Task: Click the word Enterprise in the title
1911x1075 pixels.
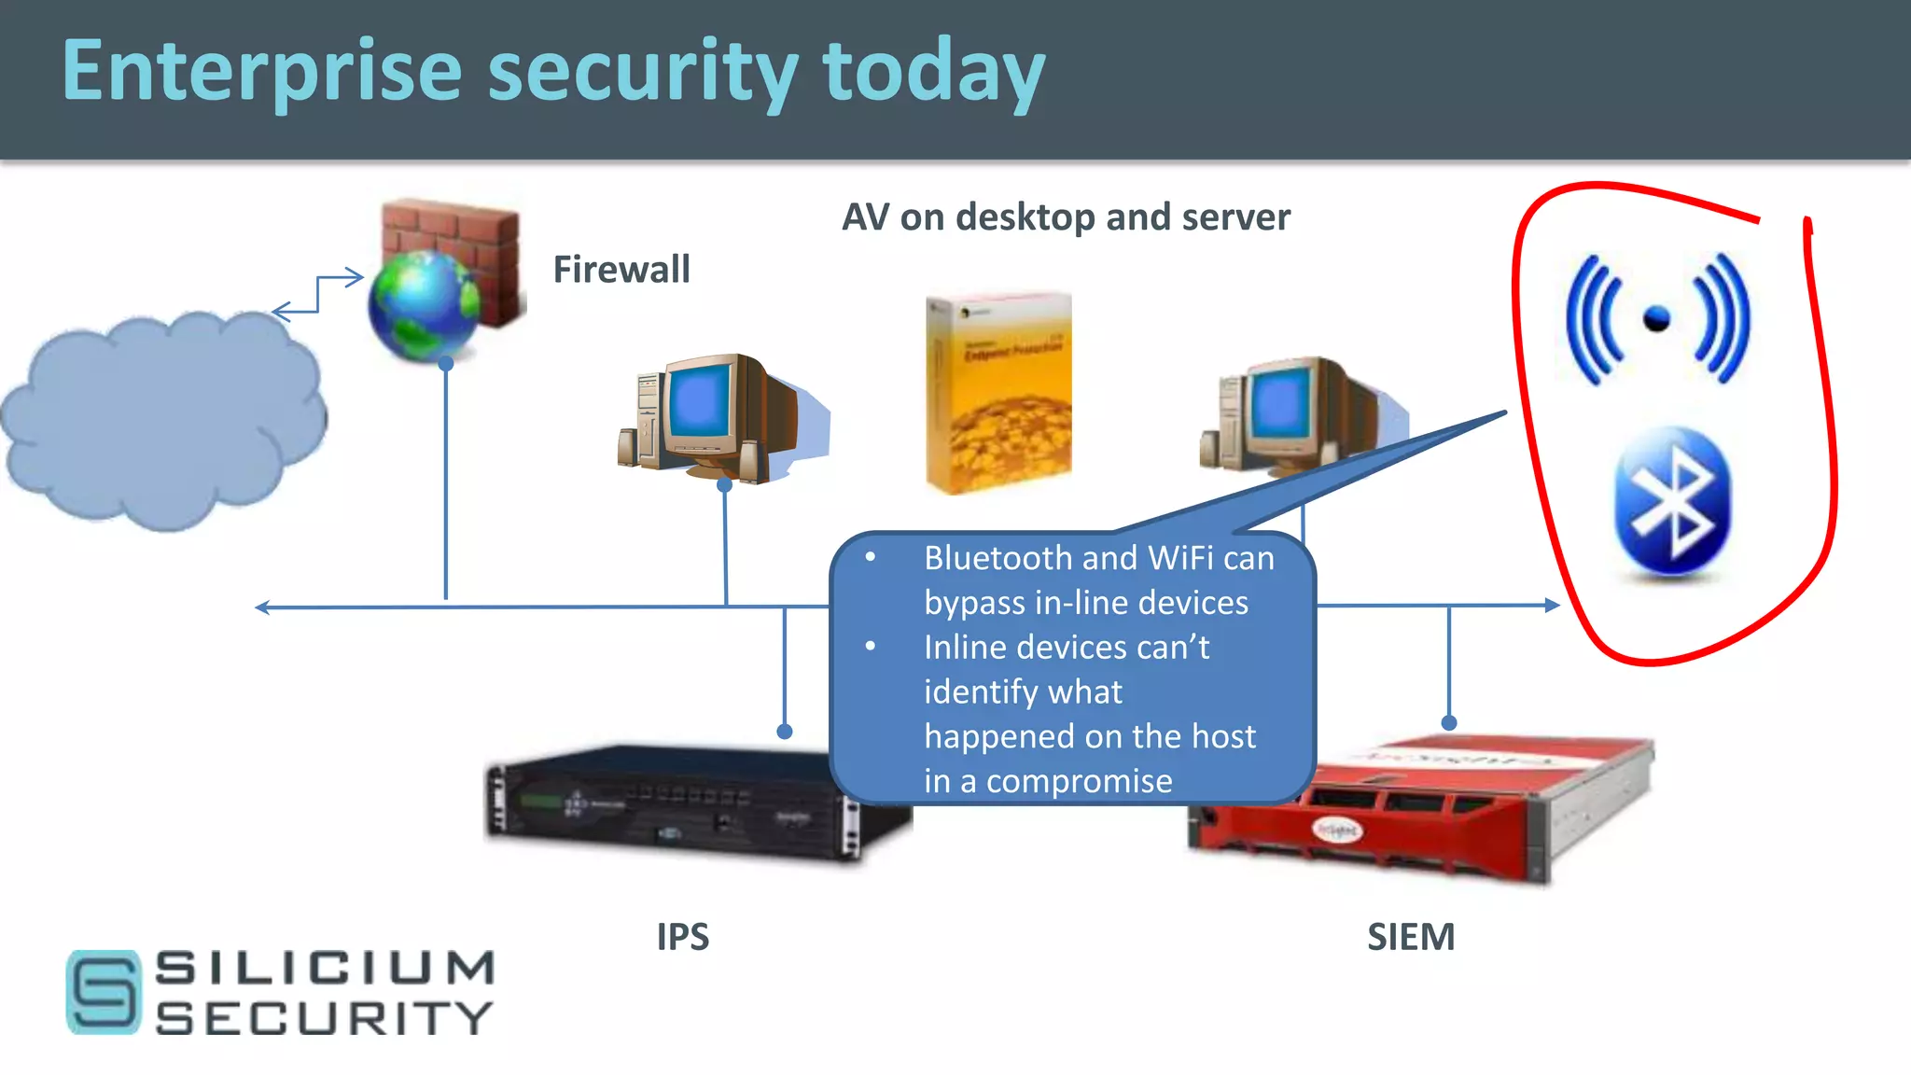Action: pos(261,73)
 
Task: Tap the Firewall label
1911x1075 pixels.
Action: pos(621,270)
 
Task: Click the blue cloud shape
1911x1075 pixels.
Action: pos(163,420)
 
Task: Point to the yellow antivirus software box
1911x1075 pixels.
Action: pos(998,392)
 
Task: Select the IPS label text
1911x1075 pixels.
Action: pos(682,937)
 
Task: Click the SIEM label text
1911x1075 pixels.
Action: pos(1411,937)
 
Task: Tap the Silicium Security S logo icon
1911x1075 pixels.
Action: pos(104,992)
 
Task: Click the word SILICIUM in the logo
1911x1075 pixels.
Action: pos(325,968)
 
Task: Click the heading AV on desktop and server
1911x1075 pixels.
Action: pos(1066,216)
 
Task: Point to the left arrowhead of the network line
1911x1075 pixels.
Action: pos(262,607)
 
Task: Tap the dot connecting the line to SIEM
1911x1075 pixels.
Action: pos(1449,723)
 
